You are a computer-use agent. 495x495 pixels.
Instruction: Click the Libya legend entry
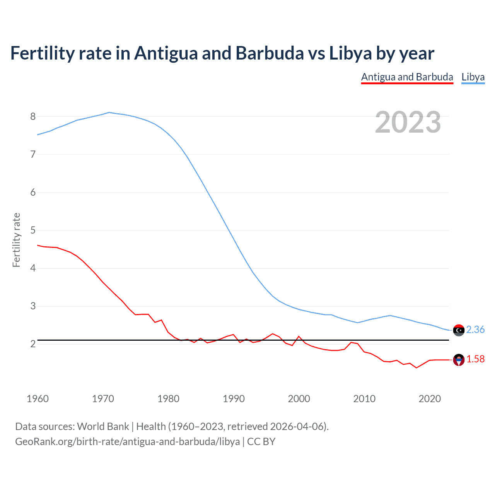pyautogui.click(x=473, y=77)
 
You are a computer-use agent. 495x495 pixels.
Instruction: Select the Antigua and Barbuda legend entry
pyautogui.click(x=407, y=77)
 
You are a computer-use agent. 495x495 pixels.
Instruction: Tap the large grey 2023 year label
pyautogui.click(x=408, y=122)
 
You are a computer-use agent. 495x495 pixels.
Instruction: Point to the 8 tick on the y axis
pyautogui.click(x=33, y=116)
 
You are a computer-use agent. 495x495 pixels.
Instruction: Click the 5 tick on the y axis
pyautogui.click(x=33, y=230)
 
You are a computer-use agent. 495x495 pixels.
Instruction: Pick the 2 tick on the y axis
pyautogui.click(x=33, y=344)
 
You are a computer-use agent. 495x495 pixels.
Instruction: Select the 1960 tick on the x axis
pyautogui.click(x=38, y=399)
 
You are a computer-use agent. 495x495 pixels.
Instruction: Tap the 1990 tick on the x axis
pyautogui.click(x=234, y=399)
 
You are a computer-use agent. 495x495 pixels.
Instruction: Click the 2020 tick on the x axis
pyautogui.click(x=430, y=399)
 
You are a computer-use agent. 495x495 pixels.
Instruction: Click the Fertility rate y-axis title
pyautogui.click(x=16, y=240)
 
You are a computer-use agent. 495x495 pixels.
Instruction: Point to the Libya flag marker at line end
pyautogui.click(x=459, y=330)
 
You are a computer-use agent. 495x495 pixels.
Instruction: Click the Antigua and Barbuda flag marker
pyautogui.click(x=459, y=360)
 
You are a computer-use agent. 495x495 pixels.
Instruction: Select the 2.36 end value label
pyautogui.click(x=475, y=329)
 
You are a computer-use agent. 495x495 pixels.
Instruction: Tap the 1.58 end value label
pyautogui.click(x=475, y=359)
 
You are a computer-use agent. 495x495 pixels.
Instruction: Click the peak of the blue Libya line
pyautogui.click(x=109, y=113)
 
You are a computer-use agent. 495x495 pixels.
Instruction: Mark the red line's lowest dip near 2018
pyautogui.click(x=416, y=367)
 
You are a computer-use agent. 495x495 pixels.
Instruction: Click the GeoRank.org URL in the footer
pyautogui.click(x=128, y=442)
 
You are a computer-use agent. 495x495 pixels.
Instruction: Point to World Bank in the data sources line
pyautogui.click(x=103, y=427)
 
